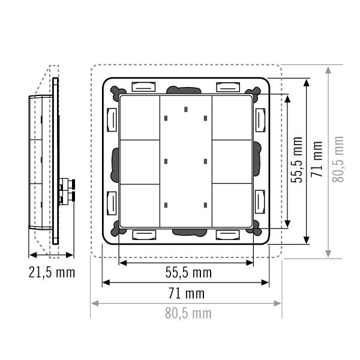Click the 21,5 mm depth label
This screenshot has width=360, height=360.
pyautogui.click(x=52, y=272)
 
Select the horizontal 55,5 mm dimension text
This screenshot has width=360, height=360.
pyautogui.click(x=188, y=272)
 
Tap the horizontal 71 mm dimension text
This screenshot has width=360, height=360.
pyautogui.click(x=187, y=293)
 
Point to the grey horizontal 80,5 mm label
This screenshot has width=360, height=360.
pyautogui.click(x=188, y=313)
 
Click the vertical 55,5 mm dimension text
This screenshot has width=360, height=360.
pyautogui.click(x=296, y=160)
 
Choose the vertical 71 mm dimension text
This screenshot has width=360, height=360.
pyautogui.click(x=317, y=159)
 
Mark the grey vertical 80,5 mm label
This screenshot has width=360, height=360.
pyautogui.click(x=338, y=160)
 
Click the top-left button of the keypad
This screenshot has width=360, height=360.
pyautogui.click(x=140, y=118)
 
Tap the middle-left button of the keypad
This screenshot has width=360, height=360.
pyautogui.click(x=140, y=162)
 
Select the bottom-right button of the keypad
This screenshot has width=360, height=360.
pyautogui.click(x=232, y=205)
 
